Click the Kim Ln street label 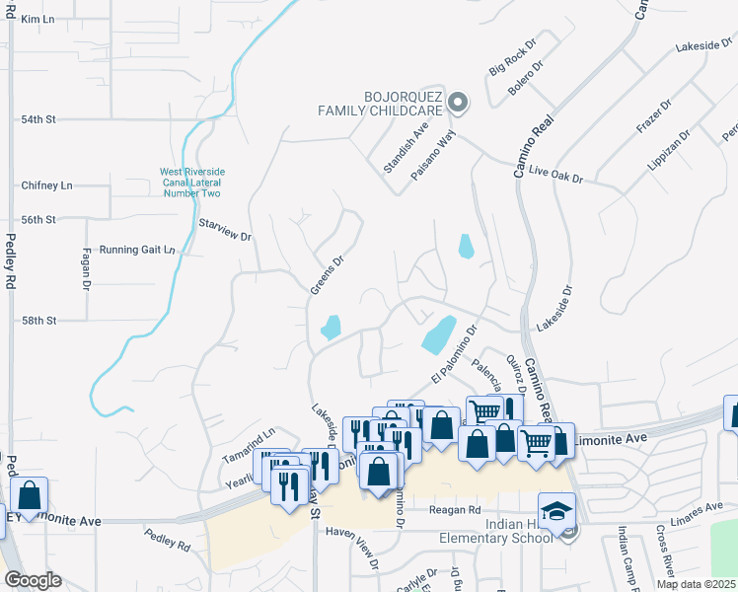pos(36,19)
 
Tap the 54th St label pos(38,119)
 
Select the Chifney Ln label pos(46,185)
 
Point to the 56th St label pos(38,220)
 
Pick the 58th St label pos(39,321)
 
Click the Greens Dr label pos(327,275)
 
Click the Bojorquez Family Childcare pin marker pos(458,102)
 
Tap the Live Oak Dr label pos(556,173)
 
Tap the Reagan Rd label pos(454,510)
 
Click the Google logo pos(34,580)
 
